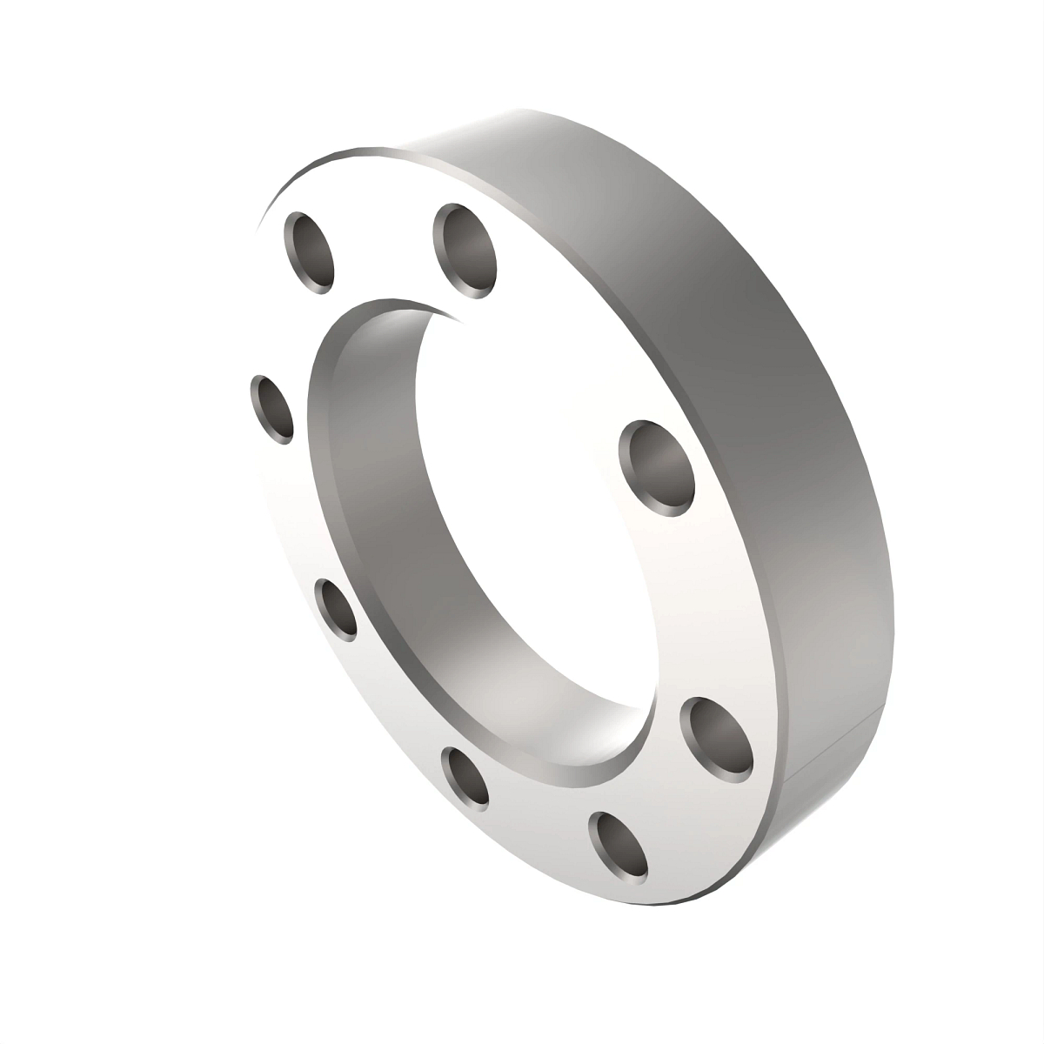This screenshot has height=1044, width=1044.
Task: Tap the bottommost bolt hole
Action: [x=619, y=843]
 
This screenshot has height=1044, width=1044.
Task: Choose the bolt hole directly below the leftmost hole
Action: [x=336, y=609]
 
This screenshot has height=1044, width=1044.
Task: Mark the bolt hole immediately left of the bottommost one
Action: [x=465, y=779]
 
